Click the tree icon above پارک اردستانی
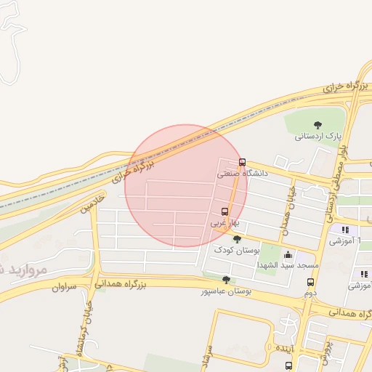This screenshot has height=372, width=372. click(318, 125)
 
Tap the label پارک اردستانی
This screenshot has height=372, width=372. click(318, 136)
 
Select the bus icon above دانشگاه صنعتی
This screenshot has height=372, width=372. click(242, 163)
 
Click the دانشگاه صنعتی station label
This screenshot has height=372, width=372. click(243, 174)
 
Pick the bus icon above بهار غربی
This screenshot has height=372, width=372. click(225, 212)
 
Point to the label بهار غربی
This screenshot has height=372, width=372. click(225, 224)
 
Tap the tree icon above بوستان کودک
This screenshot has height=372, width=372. click(237, 238)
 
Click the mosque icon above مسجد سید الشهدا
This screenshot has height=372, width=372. click(288, 255)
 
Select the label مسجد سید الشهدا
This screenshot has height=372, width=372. click(286, 266)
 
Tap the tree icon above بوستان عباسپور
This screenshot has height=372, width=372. click(227, 280)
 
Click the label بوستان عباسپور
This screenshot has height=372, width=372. click(226, 291)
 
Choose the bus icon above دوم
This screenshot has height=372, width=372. click(310, 282)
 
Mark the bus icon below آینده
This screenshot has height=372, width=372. click(288, 365)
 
